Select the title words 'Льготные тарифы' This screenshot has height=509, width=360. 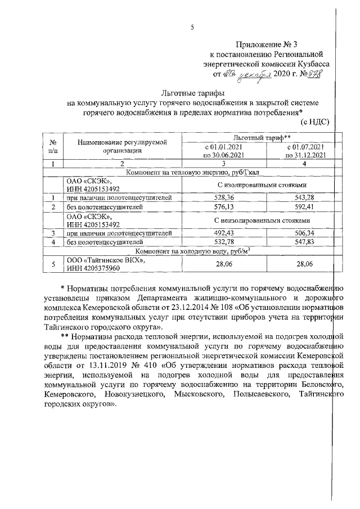(184, 93)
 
